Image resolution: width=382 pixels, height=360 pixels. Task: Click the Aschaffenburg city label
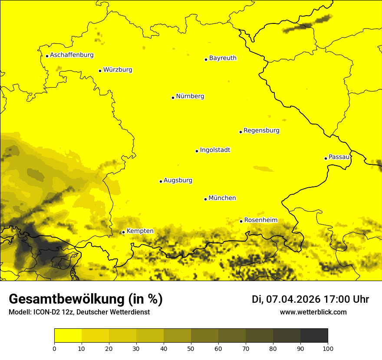(72, 55)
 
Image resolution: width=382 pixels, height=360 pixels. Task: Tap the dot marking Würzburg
(100, 71)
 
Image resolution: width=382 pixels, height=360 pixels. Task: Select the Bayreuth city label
(223, 58)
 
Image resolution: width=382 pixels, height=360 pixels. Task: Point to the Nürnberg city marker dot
(173, 98)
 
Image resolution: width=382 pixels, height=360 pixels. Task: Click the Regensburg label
(261, 131)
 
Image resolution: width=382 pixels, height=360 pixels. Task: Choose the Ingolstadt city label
(215, 150)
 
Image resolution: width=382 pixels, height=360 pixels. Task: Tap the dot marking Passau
(326, 158)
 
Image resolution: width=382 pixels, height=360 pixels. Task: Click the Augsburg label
(178, 180)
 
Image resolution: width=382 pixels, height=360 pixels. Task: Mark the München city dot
(205, 199)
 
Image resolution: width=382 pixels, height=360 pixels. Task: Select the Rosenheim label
(260, 220)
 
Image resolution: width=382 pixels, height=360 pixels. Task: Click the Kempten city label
(140, 231)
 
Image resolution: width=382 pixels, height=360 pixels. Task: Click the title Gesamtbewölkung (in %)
(86, 299)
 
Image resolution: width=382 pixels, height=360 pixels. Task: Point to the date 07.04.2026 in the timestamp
(293, 299)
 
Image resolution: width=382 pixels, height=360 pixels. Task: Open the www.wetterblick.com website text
(313, 312)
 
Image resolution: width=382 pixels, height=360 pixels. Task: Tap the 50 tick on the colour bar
(191, 348)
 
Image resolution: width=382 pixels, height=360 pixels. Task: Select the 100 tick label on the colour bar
(328, 348)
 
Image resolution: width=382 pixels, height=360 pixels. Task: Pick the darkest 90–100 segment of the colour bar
(314, 336)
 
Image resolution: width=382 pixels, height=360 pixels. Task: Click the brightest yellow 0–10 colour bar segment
(68, 336)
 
